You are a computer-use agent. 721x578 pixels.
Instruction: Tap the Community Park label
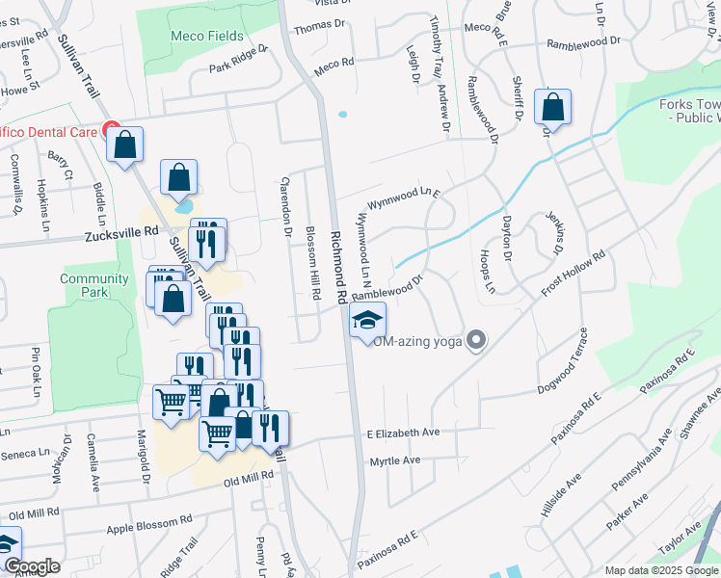click(94, 285)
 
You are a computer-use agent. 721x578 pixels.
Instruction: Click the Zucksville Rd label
click(120, 233)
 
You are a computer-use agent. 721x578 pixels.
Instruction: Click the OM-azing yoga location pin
click(475, 339)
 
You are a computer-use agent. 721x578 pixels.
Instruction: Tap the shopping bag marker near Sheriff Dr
click(553, 107)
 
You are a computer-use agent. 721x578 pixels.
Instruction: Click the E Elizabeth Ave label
click(403, 433)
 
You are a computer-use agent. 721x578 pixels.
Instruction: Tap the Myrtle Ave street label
click(395, 461)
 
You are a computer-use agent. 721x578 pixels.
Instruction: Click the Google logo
click(32, 566)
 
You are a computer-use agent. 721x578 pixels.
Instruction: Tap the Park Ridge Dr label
click(239, 60)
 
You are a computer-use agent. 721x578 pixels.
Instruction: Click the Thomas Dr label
click(319, 28)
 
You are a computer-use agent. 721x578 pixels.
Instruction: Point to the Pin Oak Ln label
click(38, 370)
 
